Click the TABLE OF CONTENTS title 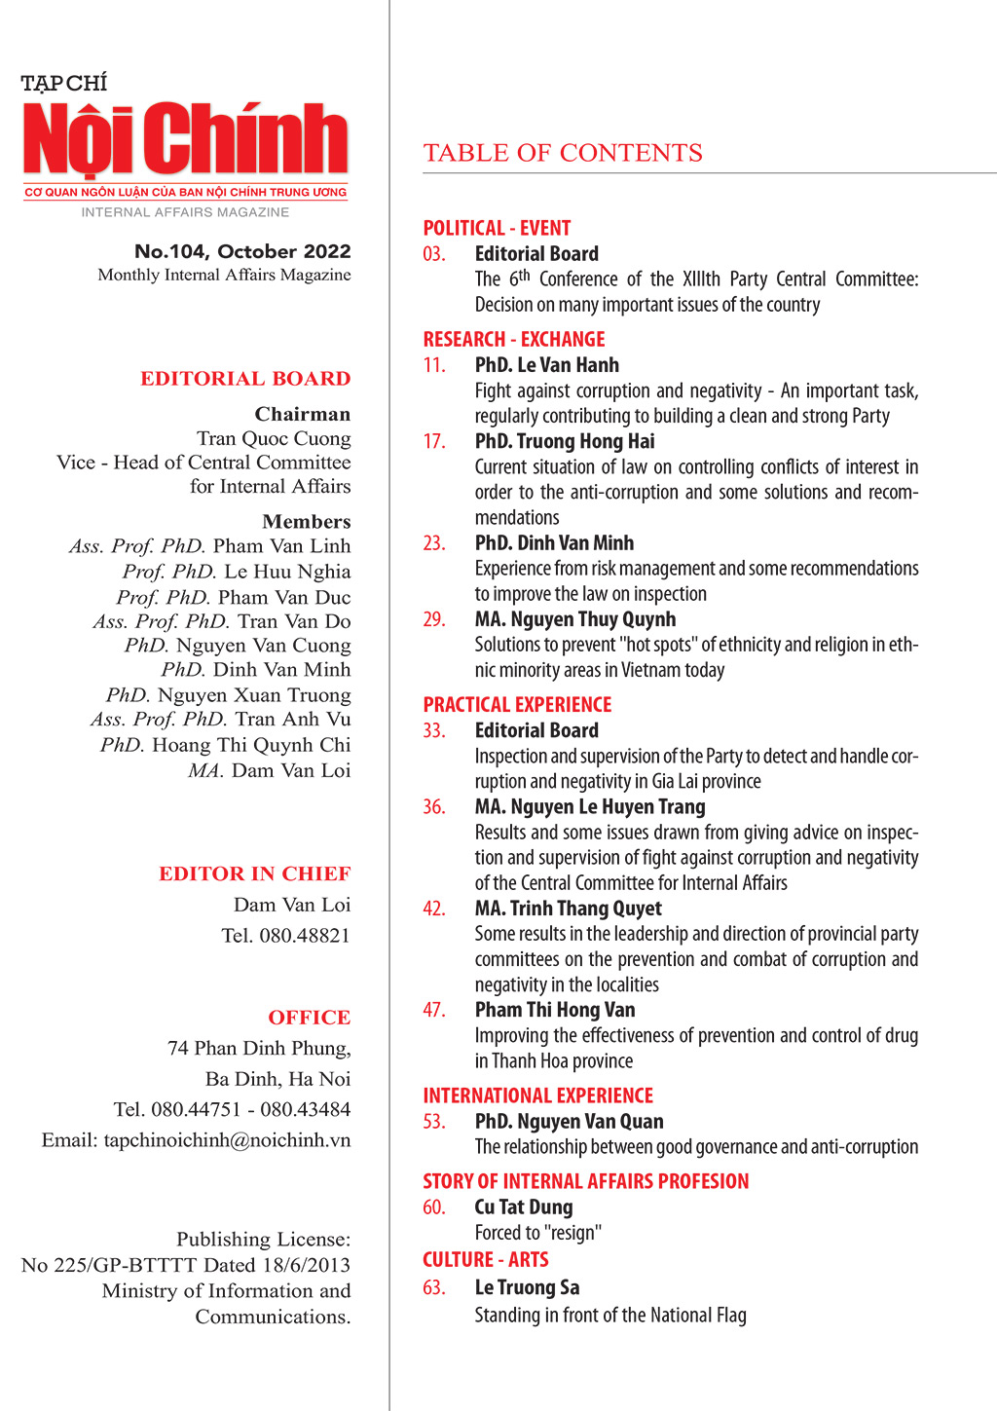563,153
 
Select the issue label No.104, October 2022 242,251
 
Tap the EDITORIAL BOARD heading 245,379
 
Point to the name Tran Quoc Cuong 274,438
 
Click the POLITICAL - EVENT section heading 497,228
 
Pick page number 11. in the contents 434,365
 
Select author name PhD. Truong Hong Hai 565,441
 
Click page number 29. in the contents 434,619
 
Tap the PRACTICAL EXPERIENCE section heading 517,704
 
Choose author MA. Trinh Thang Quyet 568,909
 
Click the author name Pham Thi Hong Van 555,1010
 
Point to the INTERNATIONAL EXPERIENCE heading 537,1095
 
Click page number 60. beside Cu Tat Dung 434,1207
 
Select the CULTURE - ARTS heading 486,1259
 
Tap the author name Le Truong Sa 527,1287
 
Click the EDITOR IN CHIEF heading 255,873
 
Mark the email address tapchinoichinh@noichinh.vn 227,1140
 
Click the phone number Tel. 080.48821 285,936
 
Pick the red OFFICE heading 310,1018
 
